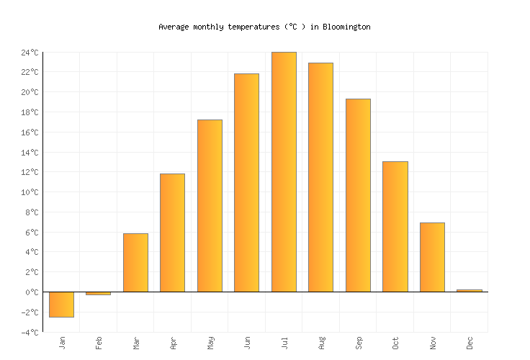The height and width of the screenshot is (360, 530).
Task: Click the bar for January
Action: [x=61, y=304]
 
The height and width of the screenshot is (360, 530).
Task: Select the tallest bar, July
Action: [x=284, y=171]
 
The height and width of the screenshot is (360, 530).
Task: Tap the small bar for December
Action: [x=469, y=290]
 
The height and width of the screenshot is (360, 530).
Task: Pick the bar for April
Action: [x=172, y=233]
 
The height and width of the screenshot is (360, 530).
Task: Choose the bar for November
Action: [x=432, y=257]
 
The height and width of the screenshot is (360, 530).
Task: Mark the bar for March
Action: [x=135, y=262]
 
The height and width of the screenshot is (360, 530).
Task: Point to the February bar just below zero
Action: [x=98, y=293]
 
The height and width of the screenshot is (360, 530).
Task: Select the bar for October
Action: [x=395, y=226]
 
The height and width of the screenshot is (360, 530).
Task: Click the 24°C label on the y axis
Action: [x=30, y=53]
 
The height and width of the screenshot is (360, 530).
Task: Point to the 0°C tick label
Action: [x=32, y=292]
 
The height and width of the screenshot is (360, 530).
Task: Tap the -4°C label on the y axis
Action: [x=30, y=333]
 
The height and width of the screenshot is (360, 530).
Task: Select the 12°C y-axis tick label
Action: [x=30, y=173]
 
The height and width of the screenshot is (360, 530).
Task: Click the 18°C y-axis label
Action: [x=30, y=112]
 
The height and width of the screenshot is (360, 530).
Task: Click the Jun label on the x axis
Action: [x=247, y=343]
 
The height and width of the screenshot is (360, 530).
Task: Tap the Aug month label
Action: [x=321, y=343]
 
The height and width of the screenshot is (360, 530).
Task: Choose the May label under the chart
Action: [x=210, y=343]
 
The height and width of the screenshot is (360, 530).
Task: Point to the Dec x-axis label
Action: [x=470, y=343]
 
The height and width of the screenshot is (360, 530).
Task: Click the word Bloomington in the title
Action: [x=346, y=27]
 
